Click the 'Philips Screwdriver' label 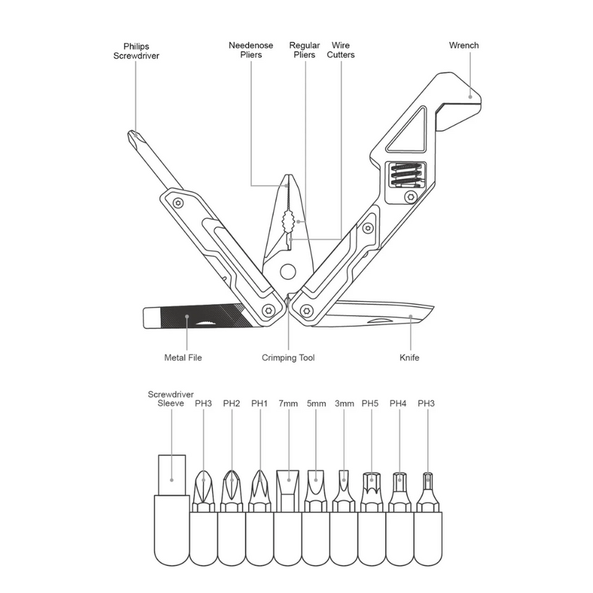[x=136, y=51]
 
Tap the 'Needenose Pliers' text [x=251, y=50]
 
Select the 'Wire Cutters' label [x=341, y=50]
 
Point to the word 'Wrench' [x=463, y=46]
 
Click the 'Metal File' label [x=183, y=358]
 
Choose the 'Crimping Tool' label [x=288, y=358]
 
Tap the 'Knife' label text [x=410, y=358]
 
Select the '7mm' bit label [x=288, y=403]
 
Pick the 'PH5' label [x=371, y=403]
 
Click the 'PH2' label [x=231, y=403]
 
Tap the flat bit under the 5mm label [x=316, y=486]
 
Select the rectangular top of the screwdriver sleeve [x=172, y=472]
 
